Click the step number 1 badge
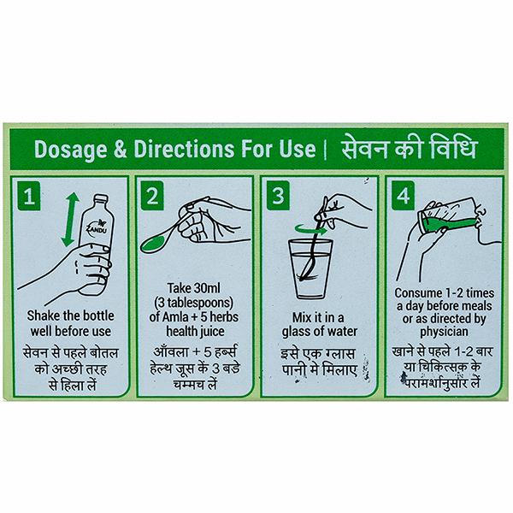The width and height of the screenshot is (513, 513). (29, 196)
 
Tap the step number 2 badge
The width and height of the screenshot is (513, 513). (152, 195)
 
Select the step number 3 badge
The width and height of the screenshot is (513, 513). (278, 195)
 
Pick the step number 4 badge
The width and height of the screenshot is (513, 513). (403, 195)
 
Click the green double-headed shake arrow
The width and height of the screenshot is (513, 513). (70, 220)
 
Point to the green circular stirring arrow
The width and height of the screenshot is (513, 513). (311, 229)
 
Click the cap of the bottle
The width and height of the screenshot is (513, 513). (101, 198)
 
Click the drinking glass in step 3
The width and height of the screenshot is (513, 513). (310, 269)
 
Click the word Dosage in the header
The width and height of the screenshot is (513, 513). (71, 150)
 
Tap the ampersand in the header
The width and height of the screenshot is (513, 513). (121, 149)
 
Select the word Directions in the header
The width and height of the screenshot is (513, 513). (184, 149)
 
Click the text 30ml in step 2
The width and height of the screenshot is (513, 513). (207, 288)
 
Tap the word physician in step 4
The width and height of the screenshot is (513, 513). (444, 332)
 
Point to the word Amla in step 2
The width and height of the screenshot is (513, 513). (175, 317)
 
